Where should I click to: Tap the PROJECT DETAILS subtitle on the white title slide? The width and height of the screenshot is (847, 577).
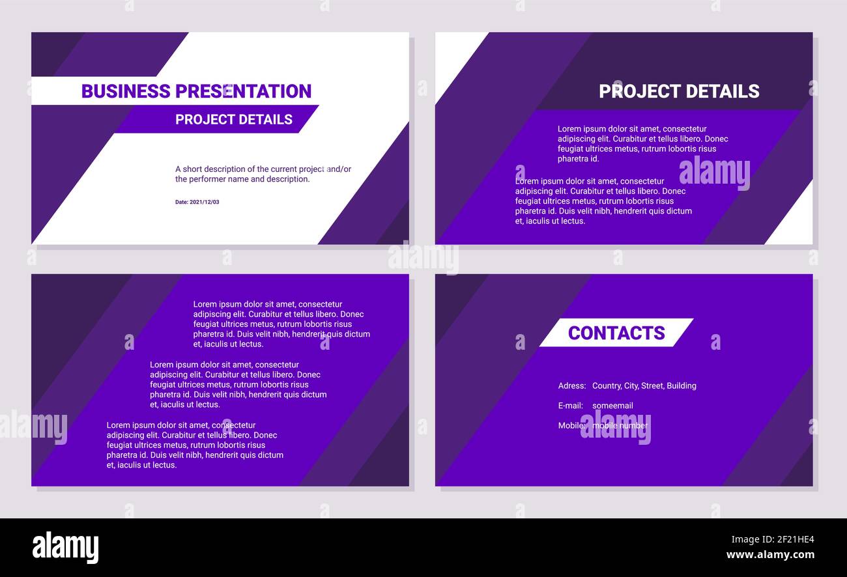point(233,119)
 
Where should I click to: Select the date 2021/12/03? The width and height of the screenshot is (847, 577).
point(205,202)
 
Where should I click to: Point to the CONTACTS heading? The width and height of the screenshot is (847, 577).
point(616,333)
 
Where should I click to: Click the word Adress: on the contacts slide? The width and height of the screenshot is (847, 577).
point(571,386)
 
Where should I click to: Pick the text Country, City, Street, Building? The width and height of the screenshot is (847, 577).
point(644,386)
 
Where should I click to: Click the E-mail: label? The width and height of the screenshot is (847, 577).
point(570,406)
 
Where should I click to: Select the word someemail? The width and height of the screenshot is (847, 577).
point(612,406)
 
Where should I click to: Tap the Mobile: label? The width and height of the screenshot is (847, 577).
point(570,425)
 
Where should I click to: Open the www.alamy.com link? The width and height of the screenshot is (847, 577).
point(770,555)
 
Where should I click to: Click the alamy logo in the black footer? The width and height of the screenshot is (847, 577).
point(65,547)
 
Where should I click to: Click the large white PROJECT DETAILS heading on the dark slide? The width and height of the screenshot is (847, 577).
point(679,91)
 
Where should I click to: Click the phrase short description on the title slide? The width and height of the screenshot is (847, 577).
point(210,169)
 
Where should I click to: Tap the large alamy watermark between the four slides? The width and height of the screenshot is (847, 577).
point(423,258)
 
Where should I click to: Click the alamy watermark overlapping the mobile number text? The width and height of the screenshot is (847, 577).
point(615,428)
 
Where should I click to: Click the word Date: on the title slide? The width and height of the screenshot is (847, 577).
point(181,202)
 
